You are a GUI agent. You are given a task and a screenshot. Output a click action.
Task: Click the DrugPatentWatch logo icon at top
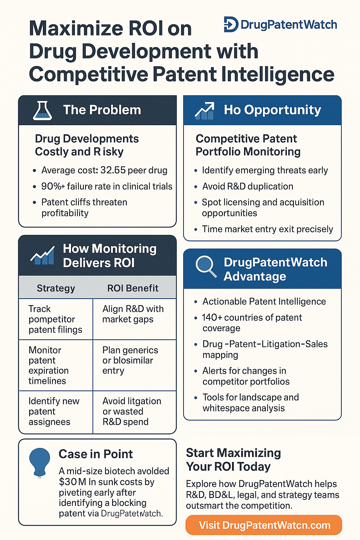[231, 24]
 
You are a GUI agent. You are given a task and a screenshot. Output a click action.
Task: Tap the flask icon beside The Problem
[43, 110]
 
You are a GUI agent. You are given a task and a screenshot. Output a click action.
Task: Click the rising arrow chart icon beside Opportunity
[205, 111]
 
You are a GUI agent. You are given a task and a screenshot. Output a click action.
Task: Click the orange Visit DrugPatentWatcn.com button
[264, 525]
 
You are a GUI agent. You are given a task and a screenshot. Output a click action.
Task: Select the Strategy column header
[56, 288]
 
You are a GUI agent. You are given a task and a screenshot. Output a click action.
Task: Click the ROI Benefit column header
[133, 288]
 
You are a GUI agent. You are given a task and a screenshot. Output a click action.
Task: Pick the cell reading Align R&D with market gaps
[133, 314]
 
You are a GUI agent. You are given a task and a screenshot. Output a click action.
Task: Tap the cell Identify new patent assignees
[54, 411]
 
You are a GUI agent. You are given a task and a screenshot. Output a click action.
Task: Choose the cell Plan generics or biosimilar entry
[130, 360]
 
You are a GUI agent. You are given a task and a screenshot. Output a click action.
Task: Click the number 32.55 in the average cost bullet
[113, 170]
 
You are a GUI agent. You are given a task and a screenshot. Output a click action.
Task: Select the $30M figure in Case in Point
[72, 482]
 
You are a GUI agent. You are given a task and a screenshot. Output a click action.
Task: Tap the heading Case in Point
[96, 454]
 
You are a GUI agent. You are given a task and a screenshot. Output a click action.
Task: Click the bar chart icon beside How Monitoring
[43, 256]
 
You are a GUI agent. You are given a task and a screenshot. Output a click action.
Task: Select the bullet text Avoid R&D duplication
[247, 186]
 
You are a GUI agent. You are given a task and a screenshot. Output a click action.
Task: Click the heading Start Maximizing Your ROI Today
[233, 460]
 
